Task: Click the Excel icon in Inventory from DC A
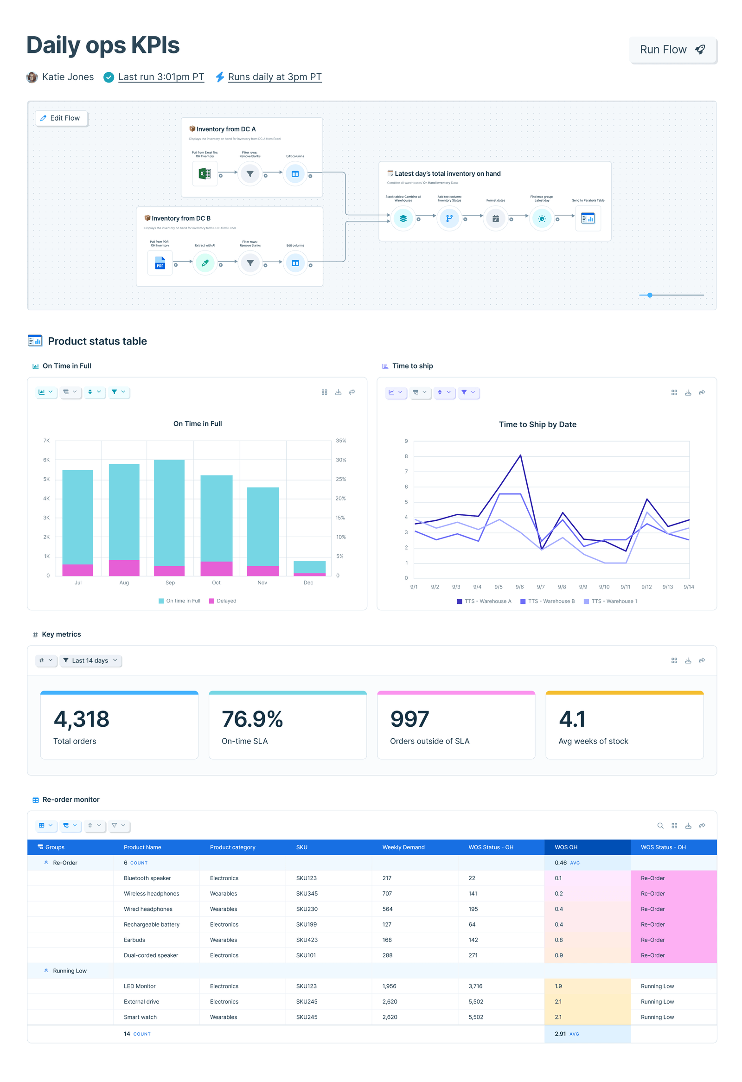(205, 174)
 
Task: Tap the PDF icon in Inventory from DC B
(160, 263)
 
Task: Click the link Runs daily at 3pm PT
(274, 77)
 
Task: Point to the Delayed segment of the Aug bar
(124, 568)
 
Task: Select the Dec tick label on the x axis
(308, 583)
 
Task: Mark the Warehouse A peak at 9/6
(520, 455)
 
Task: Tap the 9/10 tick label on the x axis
(604, 587)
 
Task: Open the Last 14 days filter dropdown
(91, 660)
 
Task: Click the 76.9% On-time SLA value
(252, 719)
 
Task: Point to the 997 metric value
(409, 719)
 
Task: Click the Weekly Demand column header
(403, 847)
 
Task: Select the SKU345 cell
(307, 894)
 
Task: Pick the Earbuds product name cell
(134, 940)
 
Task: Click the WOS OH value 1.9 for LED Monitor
(558, 986)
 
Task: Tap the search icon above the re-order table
(659, 826)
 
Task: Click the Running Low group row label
(70, 971)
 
